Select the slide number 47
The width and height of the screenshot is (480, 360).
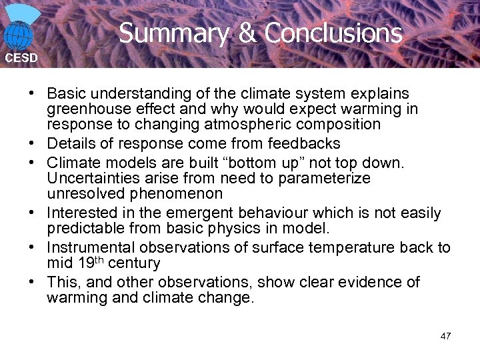pos(445,335)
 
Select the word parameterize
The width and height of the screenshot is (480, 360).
pos(321,179)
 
